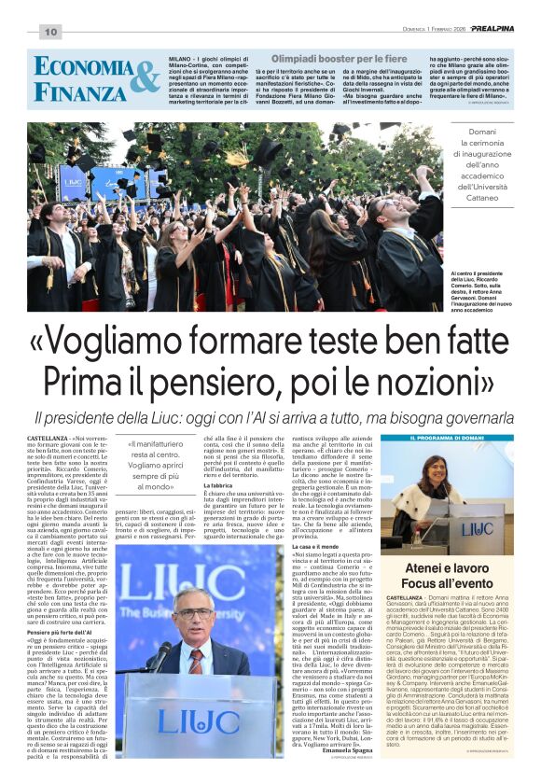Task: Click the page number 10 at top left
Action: tap(49, 33)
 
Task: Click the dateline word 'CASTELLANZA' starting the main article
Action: tap(48, 438)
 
